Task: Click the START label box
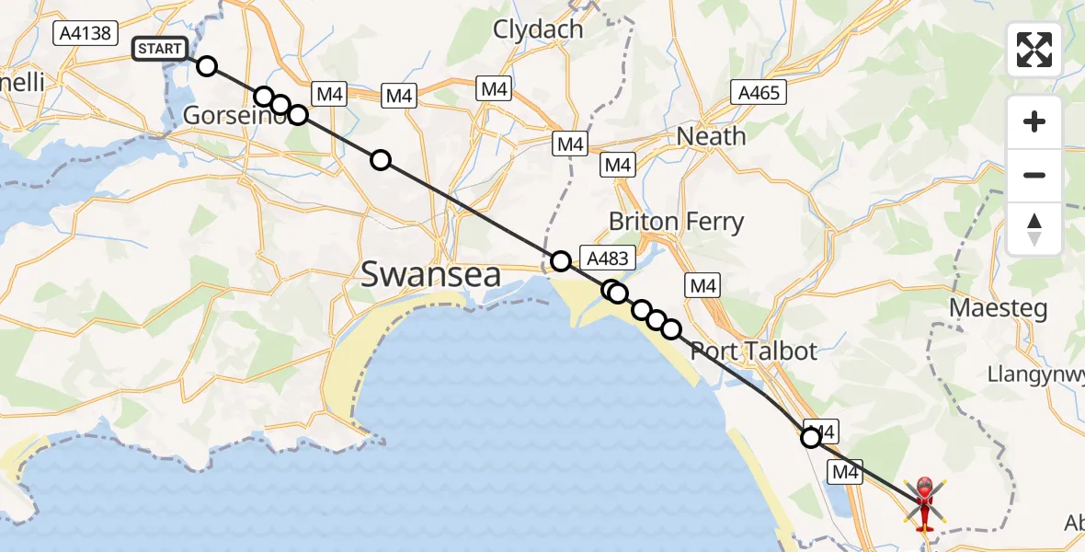(x=160, y=49)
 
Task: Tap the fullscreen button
(x=1034, y=50)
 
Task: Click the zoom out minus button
(x=1034, y=175)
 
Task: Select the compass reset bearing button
(x=1034, y=229)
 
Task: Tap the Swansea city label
(x=430, y=274)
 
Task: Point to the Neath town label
(x=711, y=136)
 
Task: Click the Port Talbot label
(x=753, y=351)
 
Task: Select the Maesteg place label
(x=998, y=308)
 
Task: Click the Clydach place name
(x=538, y=29)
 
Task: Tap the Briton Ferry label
(x=676, y=222)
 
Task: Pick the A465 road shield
(x=758, y=92)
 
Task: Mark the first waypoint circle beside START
(x=207, y=66)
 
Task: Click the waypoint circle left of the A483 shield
(x=560, y=261)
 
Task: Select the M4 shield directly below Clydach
(x=494, y=89)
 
